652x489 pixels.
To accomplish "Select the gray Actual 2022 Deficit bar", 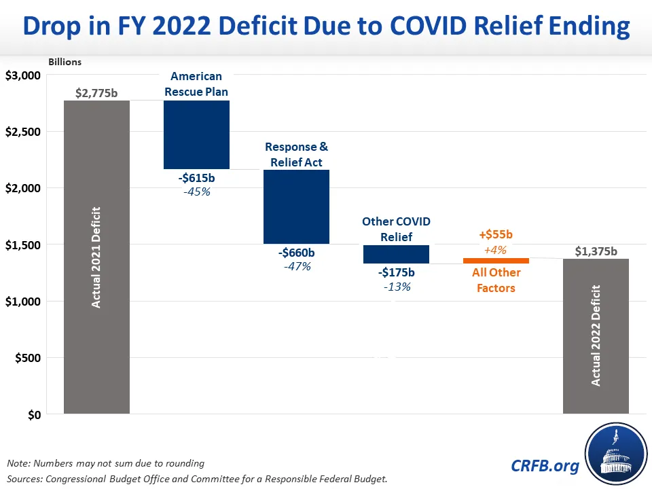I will (596, 336).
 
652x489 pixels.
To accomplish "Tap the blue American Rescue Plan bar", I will (196, 134).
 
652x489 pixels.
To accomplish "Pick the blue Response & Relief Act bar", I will (296, 206).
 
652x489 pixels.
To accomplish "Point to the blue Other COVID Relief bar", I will (396, 254).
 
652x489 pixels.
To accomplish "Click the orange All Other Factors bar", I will (496, 261).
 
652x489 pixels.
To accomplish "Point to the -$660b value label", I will (297, 253).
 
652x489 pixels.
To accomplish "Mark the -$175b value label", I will (396, 272).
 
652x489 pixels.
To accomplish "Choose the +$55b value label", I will (496, 235).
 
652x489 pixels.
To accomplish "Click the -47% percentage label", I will (297, 267).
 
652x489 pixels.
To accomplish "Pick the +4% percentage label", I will (496, 249).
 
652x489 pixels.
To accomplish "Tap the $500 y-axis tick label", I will (28, 358).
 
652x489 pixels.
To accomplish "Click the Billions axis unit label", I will (65, 62).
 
